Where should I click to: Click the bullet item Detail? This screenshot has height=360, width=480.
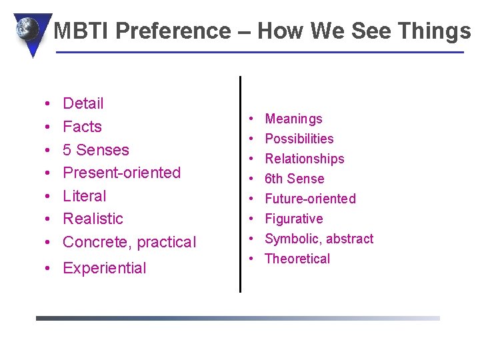[x=83, y=103]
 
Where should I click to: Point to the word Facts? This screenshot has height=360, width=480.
[x=82, y=127]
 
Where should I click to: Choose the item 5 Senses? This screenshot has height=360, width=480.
[x=95, y=150]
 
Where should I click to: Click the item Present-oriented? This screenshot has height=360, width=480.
[x=121, y=173]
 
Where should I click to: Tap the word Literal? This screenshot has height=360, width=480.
[x=84, y=196]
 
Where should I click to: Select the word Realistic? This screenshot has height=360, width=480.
[x=93, y=219]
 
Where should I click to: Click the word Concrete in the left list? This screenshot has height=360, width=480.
[x=93, y=242]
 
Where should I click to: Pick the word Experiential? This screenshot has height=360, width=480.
[x=104, y=268]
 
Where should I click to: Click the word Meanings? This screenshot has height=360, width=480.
[x=293, y=119]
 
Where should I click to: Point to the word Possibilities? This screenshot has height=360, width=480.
[x=299, y=139]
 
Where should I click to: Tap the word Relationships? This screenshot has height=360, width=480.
[x=305, y=159]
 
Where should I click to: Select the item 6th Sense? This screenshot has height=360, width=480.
[x=294, y=179]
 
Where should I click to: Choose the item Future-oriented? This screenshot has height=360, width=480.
[x=310, y=199]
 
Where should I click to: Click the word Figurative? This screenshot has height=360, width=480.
[x=293, y=219]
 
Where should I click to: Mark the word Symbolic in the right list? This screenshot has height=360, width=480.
[x=291, y=239]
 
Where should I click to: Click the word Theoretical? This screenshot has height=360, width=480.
[x=297, y=259]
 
